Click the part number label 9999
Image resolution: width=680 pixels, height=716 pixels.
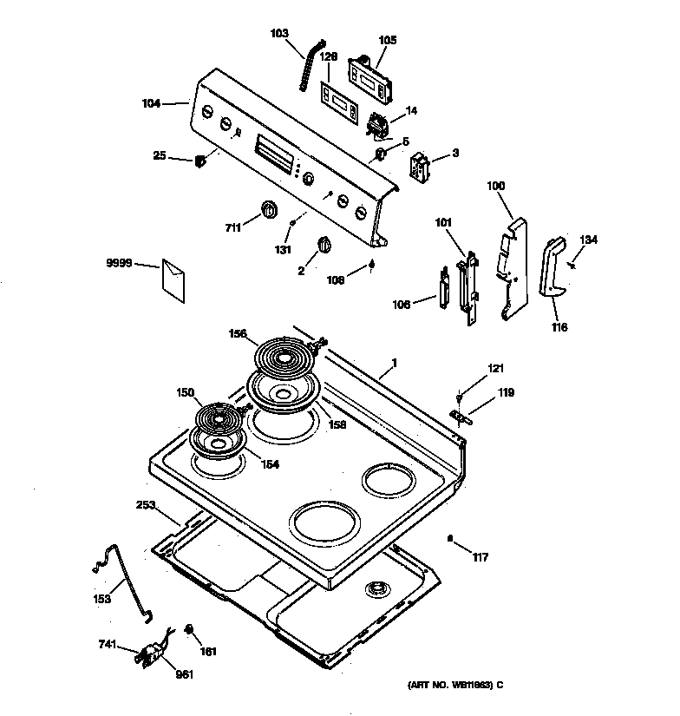tap(119, 263)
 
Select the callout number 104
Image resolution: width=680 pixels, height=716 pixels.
tap(151, 103)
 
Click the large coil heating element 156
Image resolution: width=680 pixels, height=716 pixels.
tap(284, 356)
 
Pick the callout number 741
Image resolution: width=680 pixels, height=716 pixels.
tap(108, 645)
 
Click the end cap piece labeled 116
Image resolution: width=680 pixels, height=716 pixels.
tap(551, 267)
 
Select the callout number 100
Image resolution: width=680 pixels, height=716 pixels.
tap(494, 186)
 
